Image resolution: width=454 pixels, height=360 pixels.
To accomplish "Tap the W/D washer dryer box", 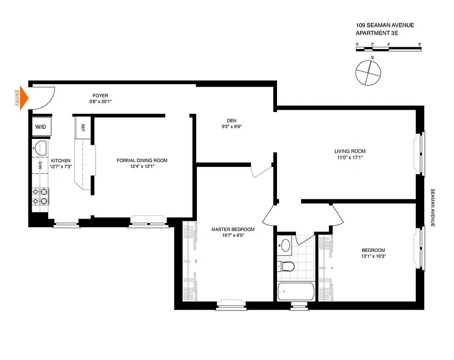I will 41,127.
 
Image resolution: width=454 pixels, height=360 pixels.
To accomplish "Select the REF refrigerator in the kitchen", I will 83,127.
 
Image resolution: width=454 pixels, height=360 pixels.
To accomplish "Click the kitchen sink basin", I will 40,147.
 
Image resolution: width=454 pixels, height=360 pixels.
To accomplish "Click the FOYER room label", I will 100,95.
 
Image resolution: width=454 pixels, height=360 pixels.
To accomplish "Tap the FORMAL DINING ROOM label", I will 142,161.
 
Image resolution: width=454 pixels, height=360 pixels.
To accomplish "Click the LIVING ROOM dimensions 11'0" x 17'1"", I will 350,157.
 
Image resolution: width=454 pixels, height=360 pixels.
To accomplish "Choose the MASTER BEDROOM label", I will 233,229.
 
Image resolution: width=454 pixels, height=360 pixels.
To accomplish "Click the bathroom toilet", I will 286,266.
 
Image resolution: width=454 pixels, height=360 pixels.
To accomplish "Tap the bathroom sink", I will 285,245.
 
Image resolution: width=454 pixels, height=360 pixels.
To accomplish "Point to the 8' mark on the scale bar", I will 420,44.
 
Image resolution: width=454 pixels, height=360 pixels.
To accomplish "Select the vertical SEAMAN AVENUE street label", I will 432,207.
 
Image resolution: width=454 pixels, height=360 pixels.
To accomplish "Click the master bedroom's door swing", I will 262,172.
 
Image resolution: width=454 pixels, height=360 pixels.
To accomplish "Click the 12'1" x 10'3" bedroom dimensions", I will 373,256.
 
